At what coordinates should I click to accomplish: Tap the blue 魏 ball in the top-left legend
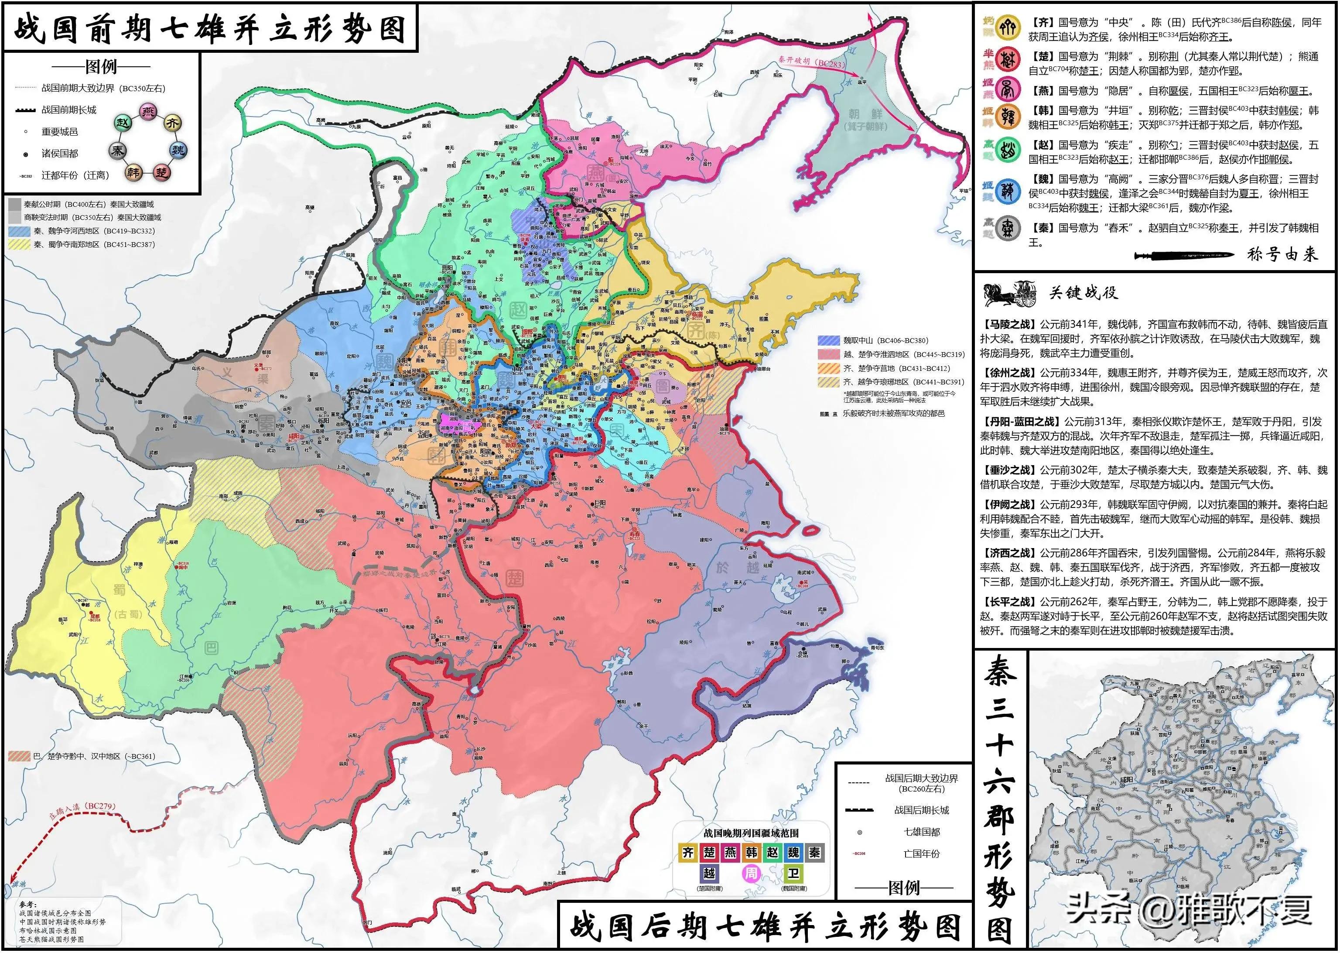[x=178, y=150]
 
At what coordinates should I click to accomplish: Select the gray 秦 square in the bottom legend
[x=814, y=853]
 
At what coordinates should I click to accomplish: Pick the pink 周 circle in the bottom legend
[x=751, y=874]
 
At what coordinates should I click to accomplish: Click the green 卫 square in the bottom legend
[x=793, y=874]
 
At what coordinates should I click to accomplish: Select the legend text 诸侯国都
[x=59, y=153]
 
